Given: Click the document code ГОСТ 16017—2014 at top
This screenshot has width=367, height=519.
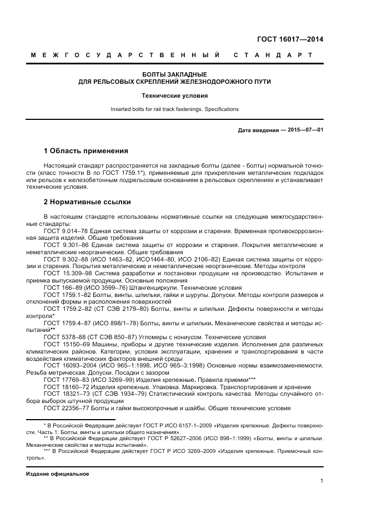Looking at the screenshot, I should pos(289,39).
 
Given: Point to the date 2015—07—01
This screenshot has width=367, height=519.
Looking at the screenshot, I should pos(304,130).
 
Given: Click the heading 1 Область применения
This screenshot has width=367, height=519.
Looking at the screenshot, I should pos(86,151).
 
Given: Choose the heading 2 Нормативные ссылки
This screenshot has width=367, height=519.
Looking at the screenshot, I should pos(87,201).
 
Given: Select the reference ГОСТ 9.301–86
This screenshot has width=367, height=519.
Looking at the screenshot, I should pos(64,244).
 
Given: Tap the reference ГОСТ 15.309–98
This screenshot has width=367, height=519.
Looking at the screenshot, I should pos(66,273).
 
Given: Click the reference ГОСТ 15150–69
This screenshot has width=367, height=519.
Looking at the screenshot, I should pos(64,345).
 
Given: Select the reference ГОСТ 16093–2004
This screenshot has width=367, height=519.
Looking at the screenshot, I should pos(68,366).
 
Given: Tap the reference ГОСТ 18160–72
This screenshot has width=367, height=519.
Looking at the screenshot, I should pos(64,387).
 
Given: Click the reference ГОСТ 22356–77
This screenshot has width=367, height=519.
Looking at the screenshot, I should pos(64,409).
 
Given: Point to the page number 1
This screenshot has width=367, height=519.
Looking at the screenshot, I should pos(321,481).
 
